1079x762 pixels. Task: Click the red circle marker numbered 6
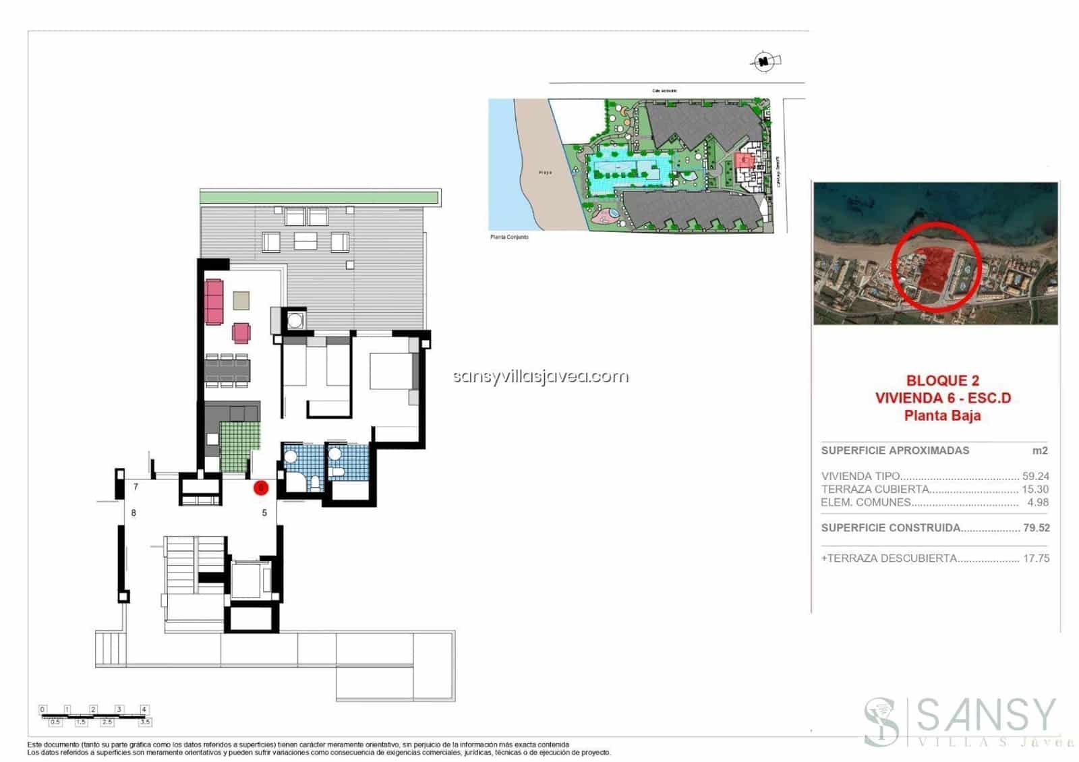261,488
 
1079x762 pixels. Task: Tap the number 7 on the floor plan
136,487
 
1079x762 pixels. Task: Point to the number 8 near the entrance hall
134,513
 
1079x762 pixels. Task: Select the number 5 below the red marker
264,513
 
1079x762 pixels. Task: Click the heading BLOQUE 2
942,380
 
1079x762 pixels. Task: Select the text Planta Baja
942,415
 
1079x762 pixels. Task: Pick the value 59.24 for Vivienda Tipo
1035,476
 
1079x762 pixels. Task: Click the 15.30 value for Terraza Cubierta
1035,490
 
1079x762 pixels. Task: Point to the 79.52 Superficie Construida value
1036,528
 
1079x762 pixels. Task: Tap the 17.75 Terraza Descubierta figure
1036,558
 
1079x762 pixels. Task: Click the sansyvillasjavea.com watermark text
541,376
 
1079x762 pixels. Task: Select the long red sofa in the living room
214,301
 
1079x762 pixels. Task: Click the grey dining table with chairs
227,370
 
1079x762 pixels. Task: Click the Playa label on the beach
545,173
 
